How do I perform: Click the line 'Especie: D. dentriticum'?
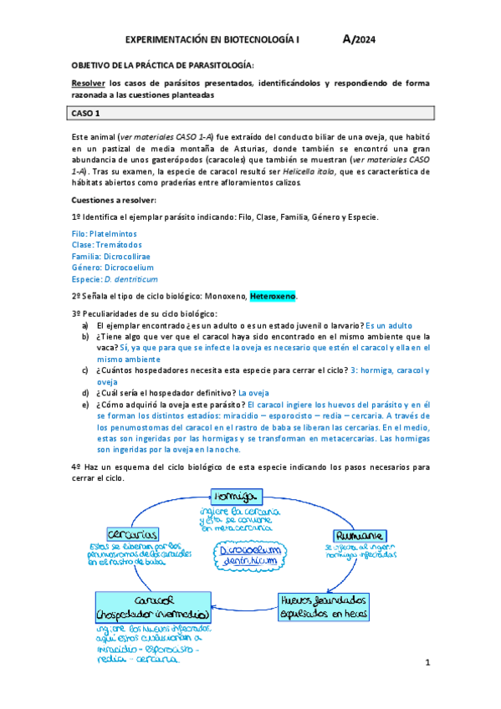click(x=115, y=279)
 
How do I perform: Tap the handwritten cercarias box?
click(x=134, y=533)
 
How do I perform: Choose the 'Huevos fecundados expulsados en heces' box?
click(x=325, y=604)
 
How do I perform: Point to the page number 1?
click(x=427, y=663)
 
